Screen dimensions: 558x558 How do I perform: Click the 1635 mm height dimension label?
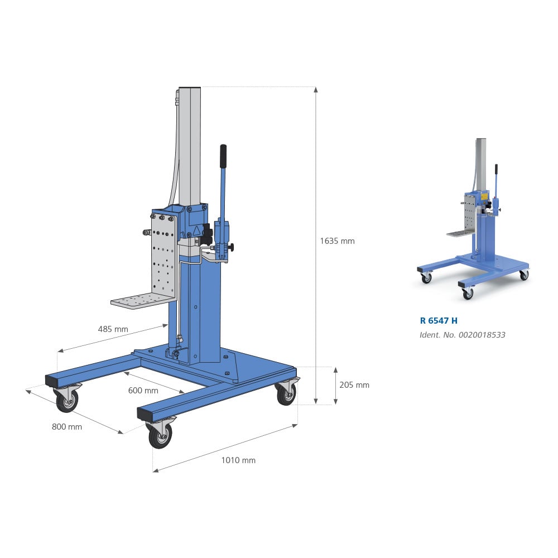pyautogui.click(x=337, y=241)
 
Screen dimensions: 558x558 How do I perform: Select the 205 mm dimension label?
pyautogui.click(x=354, y=385)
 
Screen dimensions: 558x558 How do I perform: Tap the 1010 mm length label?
pyautogui.click(x=238, y=460)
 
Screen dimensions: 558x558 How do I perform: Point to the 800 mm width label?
pyautogui.click(x=67, y=427)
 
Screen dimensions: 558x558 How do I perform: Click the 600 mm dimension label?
pyautogui.click(x=143, y=390)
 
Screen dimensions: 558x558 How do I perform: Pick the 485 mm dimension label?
pyautogui.click(x=113, y=329)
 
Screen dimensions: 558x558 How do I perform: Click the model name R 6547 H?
pyautogui.click(x=439, y=321)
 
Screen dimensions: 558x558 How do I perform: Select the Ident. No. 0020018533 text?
pyautogui.click(x=463, y=335)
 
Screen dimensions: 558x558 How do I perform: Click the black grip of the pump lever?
pyautogui.click(x=223, y=156)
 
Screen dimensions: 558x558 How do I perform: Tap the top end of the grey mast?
pyautogui.click(x=190, y=89)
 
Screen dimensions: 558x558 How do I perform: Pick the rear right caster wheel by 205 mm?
pyautogui.click(x=286, y=394)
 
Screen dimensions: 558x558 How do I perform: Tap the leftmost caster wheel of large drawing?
pyautogui.click(x=67, y=400)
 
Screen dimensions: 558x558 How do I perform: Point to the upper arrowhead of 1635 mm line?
pyautogui.click(x=316, y=90)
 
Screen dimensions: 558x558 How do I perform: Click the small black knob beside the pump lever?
pyautogui.click(x=230, y=247)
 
